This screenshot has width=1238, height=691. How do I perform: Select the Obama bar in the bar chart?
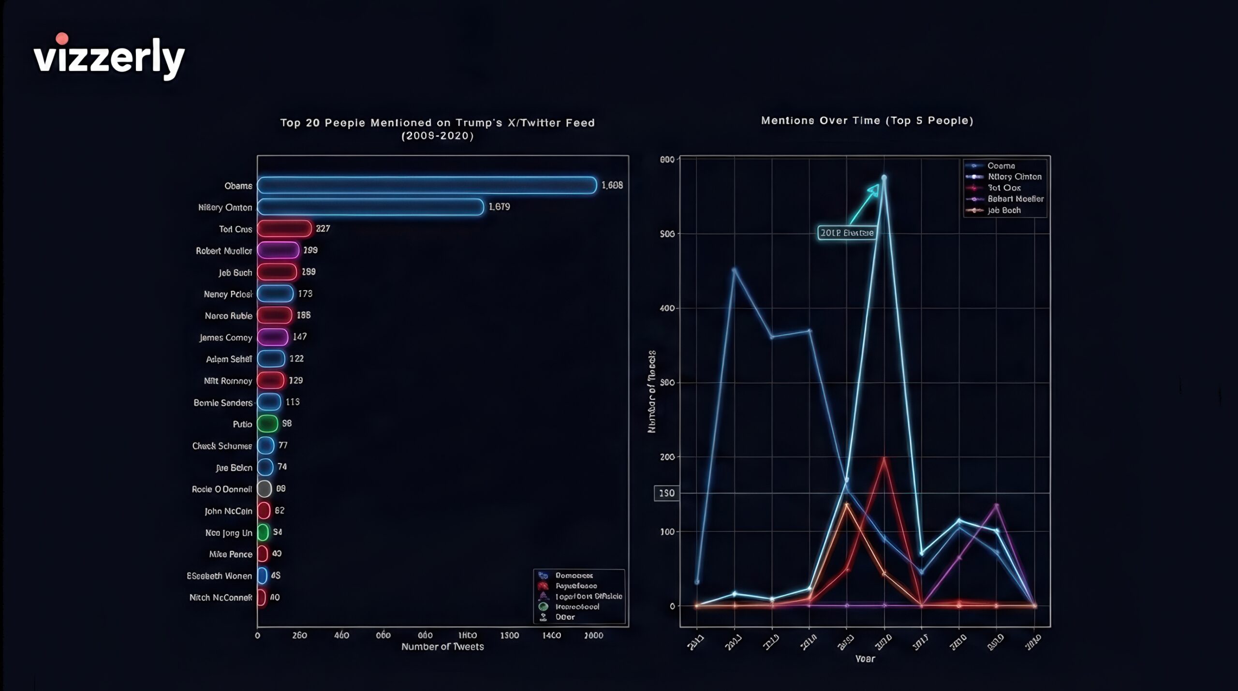click(x=427, y=185)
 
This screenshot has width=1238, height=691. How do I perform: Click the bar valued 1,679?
click(x=370, y=207)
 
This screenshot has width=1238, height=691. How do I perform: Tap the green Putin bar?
click(x=267, y=424)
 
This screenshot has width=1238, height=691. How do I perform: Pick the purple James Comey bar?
click(x=272, y=337)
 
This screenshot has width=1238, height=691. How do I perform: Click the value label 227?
click(x=323, y=228)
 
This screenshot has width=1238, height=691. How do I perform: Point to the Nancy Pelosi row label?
click(x=228, y=294)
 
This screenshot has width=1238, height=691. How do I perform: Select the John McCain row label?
click(x=228, y=511)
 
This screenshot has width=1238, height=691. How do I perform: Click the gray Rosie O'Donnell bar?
click(x=264, y=489)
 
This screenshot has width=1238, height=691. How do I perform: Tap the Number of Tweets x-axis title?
click(x=442, y=647)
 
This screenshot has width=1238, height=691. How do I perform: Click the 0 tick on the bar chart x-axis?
click(x=257, y=635)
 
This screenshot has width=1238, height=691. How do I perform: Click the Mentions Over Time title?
click(x=867, y=120)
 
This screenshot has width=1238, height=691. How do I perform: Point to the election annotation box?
click(x=846, y=233)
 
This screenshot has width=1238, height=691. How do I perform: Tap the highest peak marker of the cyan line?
click(x=884, y=177)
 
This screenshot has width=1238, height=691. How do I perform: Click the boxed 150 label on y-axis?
click(x=666, y=493)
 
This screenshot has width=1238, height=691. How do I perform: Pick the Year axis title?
click(x=865, y=659)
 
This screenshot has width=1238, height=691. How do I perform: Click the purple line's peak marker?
click(x=996, y=506)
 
